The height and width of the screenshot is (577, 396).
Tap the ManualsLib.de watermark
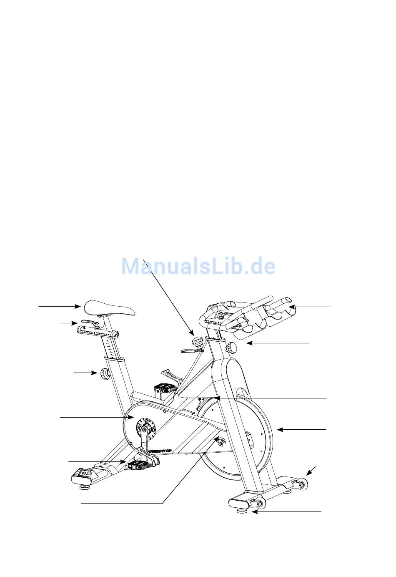pyautogui.click(x=198, y=266)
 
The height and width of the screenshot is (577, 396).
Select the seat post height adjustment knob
pyautogui.click(x=103, y=374)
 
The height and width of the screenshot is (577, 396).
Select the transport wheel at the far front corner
pyautogui.click(x=301, y=484)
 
